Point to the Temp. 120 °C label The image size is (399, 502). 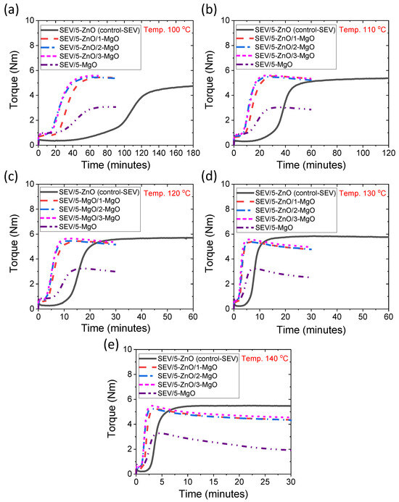pos(167,191)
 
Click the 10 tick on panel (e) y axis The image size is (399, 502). pos(128,348)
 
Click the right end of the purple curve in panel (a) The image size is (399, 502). pos(116,106)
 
